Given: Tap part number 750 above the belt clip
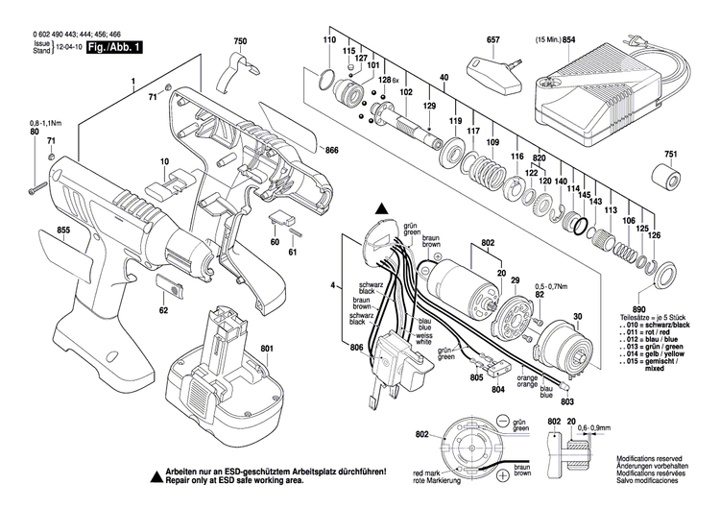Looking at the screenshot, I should (240, 41).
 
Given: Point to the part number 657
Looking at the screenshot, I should (494, 41).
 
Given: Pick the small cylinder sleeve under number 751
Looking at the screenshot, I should (669, 180).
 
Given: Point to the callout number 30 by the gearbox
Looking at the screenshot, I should (578, 316).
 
